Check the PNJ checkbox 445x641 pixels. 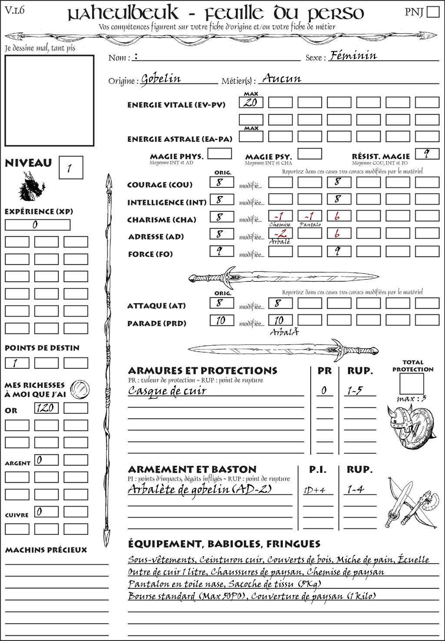(x=433, y=12)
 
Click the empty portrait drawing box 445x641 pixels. (x=49, y=100)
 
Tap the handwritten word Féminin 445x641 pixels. (x=353, y=56)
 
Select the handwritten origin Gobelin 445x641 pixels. (x=161, y=79)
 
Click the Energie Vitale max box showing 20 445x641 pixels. (x=251, y=103)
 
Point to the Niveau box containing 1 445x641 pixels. (x=70, y=168)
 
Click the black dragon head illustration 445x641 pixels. (x=31, y=187)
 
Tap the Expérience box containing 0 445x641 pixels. (x=37, y=225)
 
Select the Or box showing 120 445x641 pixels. (x=46, y=408)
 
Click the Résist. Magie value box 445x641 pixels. (x=427, y=154)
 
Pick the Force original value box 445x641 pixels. (x=222, y=251)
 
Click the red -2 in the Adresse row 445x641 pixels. (x=280, y=234)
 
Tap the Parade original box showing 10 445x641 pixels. (x=222, y=320)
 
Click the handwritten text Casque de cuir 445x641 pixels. (x=167, y=391)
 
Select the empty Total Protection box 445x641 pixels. (x=411, y=384)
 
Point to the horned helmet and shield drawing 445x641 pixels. (x=409, y=426)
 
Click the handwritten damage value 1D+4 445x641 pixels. (x=315, y=490)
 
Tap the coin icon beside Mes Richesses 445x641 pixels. (x=80, y=389)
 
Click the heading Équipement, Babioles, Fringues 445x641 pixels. (x=224, y=544)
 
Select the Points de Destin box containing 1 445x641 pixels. (x=17, y=363)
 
